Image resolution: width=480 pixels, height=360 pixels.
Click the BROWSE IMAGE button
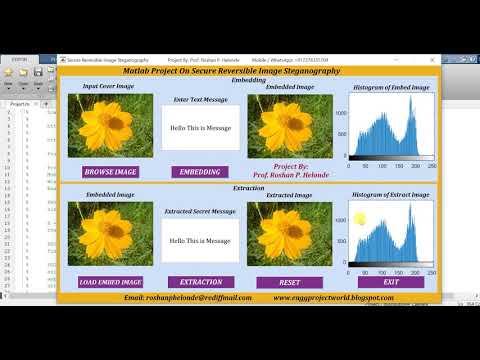point(111,172)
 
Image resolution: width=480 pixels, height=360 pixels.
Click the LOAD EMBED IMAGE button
point(111,282)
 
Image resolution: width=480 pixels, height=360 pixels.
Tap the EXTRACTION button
point(201,282)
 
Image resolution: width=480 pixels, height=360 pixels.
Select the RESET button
point(290,282)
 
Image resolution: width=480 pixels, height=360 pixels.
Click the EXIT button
point(390,282)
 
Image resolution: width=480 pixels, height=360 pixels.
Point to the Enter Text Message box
point(201,128)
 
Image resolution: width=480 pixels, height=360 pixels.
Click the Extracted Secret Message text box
point(201,240)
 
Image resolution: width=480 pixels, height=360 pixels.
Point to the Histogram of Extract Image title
point(390,194)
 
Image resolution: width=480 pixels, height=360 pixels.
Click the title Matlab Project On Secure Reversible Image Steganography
point(247,71)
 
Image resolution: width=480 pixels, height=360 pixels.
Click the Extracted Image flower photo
point(290,234)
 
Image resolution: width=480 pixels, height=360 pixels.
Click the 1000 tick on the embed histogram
point(340,113)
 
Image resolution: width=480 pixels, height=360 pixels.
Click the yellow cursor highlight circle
point(360,219)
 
